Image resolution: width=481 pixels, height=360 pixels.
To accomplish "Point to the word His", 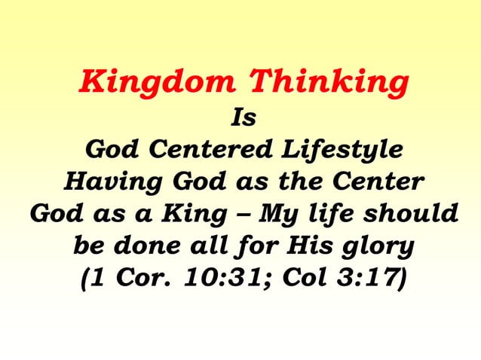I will pos(315,246).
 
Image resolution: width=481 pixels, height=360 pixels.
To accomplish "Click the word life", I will pos(331,213).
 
